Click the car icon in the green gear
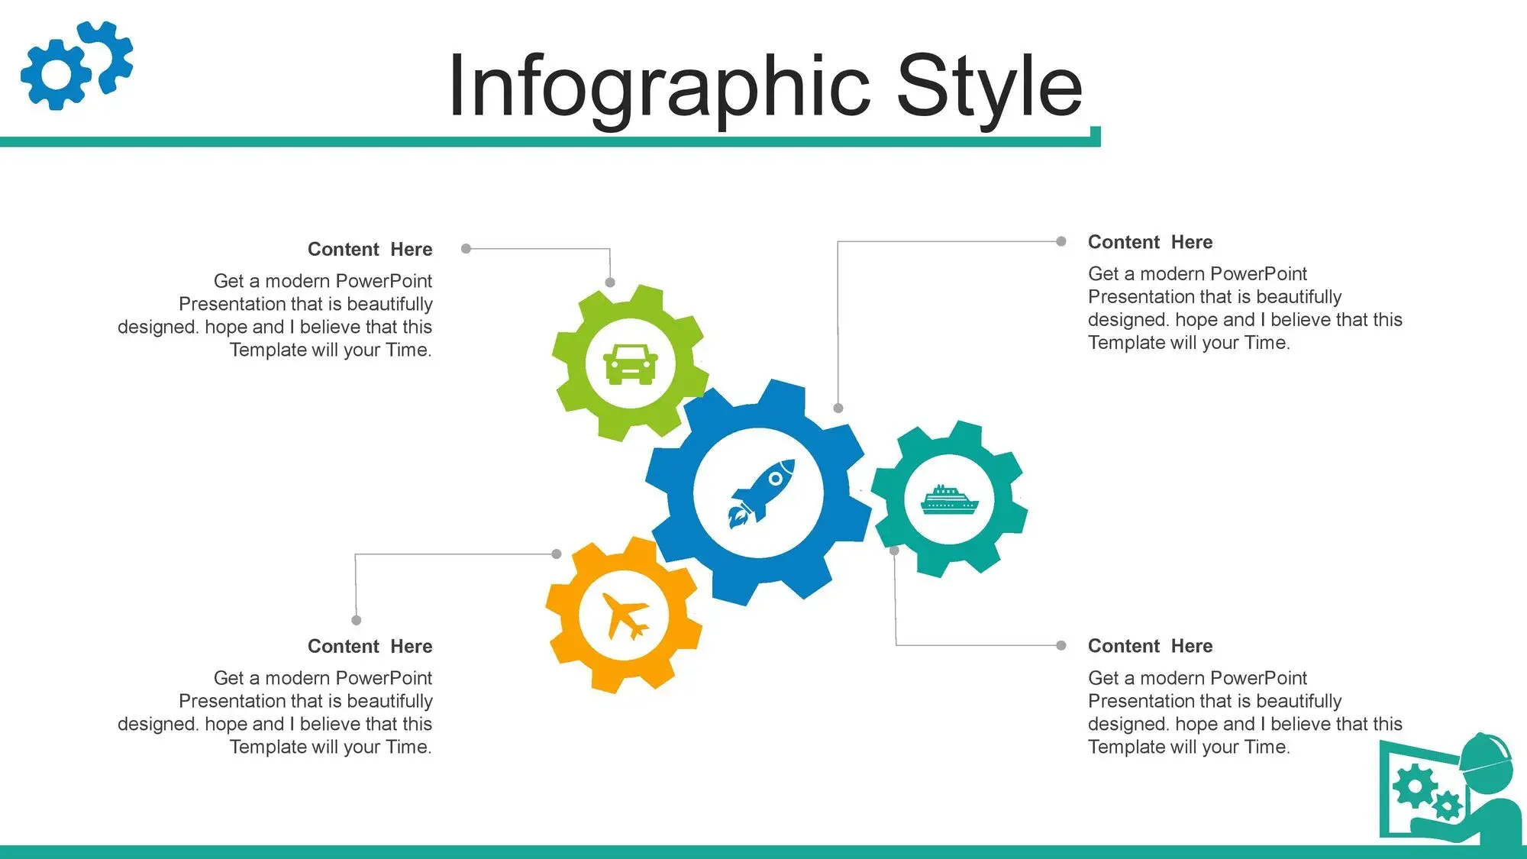[x=630, y=363]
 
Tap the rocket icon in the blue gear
[x=760, y=493]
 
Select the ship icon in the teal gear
[x=949, y=500]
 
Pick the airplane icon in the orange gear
[x=625, y=615]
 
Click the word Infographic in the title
[x=659, y=87]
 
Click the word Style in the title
[x=989, y=87]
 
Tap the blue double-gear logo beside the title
[x=76, y=65]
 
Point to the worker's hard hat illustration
[x=1485, y=757]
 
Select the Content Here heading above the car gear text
[x=370, y=250]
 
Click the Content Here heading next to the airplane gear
[x=370, y=647]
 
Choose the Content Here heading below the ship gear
[x=1150, y=646]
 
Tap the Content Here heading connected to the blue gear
[x=1150, y=242]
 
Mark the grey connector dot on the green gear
[x=610, y=283]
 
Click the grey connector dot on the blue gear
[x=838, y=409]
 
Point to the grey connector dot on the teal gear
[x=894, y=550]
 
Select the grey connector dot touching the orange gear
[x=557, y=554]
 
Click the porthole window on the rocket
[x=776, y=479]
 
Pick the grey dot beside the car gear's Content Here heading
[x=466, y=249]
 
